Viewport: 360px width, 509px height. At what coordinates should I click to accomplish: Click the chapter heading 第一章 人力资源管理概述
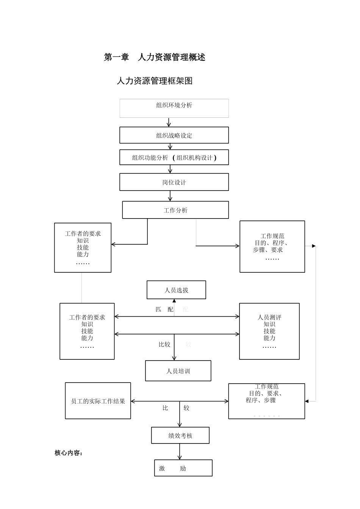(x=155, y=57)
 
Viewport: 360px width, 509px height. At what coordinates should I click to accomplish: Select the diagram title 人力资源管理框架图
(x=155, y=81)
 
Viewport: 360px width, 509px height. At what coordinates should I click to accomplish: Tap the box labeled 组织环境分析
(x=174, y=108)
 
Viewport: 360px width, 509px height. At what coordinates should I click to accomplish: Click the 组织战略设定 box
(x=174, y=135)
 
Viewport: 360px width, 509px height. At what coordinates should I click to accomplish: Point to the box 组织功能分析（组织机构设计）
(x=174, y=158)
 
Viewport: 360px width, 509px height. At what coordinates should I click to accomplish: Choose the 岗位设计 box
(x=174, y=182)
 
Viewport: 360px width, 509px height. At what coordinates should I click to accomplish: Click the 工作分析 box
(x=175, y=210)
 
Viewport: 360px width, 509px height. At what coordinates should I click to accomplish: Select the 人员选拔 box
(x=176, y=290)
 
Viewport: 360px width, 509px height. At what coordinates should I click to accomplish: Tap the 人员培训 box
(x=178, y=371)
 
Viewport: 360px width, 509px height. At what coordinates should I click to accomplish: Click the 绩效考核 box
(x=180, y=436)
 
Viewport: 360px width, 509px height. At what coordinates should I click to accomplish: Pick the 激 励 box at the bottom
(x=183, y=468)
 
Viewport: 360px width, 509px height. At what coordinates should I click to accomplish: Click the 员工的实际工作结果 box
(x=98, y=401)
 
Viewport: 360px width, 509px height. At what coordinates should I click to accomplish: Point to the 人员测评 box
(x=269, y=331)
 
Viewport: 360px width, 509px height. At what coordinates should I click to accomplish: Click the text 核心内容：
(x=69, y=453)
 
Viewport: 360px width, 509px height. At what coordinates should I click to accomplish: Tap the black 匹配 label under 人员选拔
(x=164, y=309)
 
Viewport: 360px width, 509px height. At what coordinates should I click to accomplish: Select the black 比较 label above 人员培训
(x=164, y=345)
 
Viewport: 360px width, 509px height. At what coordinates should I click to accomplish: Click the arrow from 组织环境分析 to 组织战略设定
(x=169, y=122)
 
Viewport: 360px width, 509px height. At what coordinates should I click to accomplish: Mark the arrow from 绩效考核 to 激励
(x=180, y=451)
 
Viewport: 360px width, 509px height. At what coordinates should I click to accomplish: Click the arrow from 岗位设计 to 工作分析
(x=170, y=196)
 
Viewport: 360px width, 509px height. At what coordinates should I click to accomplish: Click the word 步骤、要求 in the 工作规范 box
(x=268, y=250)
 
